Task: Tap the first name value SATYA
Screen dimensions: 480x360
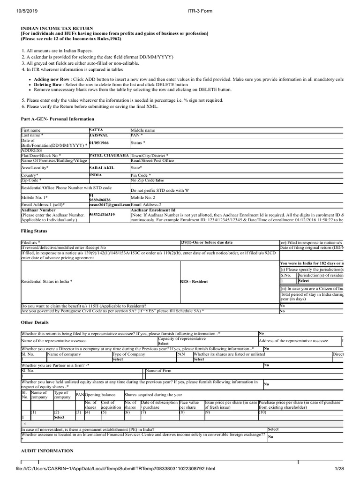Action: [96, 129]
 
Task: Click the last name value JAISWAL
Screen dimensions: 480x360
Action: [99, 135]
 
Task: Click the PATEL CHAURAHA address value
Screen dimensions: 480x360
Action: [109, 155]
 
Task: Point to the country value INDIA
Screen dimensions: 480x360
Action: [97, 175]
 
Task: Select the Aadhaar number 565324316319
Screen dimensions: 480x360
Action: [102, 215]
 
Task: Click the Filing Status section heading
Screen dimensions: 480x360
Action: [34, 231]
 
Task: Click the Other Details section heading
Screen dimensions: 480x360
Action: [35, 322]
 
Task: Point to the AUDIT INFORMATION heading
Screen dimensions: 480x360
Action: [47, 451]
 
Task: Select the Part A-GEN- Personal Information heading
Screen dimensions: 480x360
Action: [58, 120]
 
